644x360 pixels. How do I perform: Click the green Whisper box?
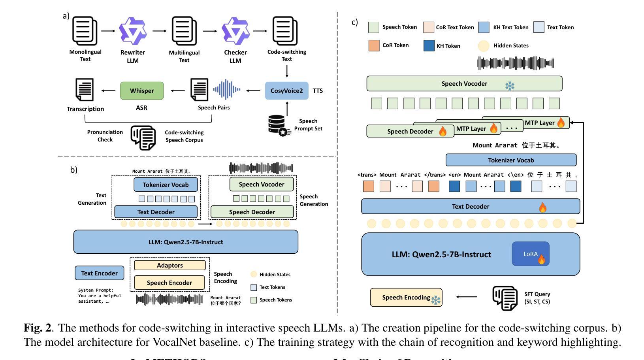142,90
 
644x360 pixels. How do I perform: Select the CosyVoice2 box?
286,90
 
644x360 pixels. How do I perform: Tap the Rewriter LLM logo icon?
133,31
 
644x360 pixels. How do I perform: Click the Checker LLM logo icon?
235,31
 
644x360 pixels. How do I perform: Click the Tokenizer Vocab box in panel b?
166,185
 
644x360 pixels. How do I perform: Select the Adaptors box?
169,265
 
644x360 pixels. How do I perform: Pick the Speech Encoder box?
169,283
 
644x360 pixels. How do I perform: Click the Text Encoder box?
99,273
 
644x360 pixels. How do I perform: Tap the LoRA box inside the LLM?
531,254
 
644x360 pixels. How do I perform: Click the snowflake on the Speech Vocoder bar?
510,86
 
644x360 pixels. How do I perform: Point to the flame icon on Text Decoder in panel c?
543,207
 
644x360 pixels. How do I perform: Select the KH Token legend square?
429,46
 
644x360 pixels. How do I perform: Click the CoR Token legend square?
374,45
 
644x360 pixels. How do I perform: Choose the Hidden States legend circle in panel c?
484,46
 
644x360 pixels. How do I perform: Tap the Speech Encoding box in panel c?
406,298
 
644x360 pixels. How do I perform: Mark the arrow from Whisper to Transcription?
108,90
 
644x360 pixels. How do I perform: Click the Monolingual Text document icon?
85,31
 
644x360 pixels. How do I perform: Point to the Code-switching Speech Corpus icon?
143,137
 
